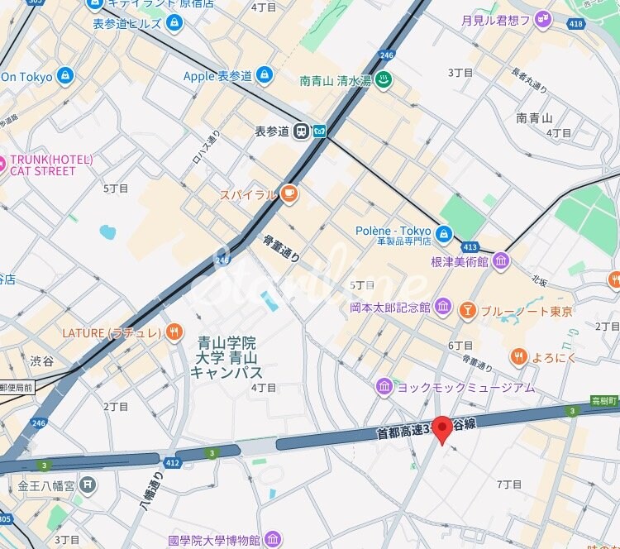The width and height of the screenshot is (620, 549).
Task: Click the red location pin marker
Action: tap(442, 428)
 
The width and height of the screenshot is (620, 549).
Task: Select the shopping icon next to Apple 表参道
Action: tap(264, 76)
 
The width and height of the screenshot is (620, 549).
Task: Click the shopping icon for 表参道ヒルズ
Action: tap(173, 23)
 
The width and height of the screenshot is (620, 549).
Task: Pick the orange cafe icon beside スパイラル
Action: tap(288, 194)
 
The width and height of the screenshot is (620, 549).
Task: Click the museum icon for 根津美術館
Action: tap(501, 261)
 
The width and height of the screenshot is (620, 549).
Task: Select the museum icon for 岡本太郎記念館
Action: tap(442, 307)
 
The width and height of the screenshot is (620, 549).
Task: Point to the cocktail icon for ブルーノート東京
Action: tap(468, 311)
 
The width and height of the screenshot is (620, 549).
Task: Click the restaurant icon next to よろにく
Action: tap(518, 356)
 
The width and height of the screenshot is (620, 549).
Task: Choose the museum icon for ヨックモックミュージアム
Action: tap(384, 386)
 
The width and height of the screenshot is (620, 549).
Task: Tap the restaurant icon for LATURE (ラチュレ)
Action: tap(173, 332)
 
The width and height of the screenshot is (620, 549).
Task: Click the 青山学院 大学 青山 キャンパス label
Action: tap(227, 357)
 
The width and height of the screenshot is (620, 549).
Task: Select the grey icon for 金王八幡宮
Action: tap(88, 485)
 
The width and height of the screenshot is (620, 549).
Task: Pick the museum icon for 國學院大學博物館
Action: tap(273, 540)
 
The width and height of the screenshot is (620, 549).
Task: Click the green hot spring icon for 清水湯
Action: tap(384, 80)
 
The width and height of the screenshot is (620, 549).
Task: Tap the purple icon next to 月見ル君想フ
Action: tap(542, 20)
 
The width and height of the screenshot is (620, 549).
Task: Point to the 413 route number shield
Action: tap(470, 247)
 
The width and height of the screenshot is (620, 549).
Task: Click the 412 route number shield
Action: tap(172, 462)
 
